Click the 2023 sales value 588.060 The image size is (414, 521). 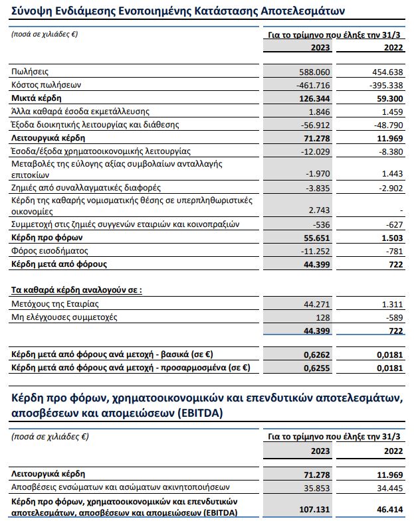314,71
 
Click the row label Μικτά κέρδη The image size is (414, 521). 35,98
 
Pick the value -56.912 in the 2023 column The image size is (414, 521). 315,125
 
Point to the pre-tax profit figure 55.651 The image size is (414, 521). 315,238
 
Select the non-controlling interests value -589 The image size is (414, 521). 393,317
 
